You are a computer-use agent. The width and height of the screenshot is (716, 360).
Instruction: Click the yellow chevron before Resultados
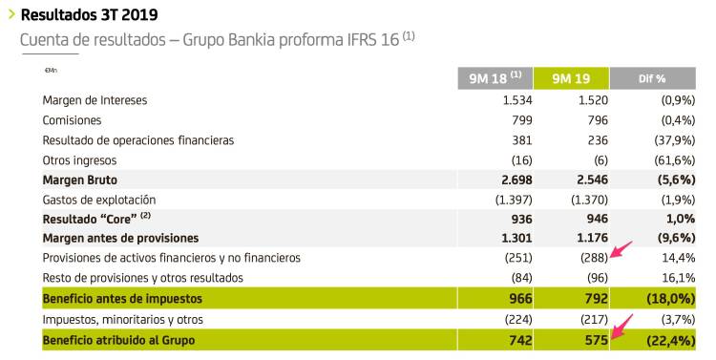click(11, 14)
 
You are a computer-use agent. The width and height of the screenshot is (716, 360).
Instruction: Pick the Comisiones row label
click(72, 120)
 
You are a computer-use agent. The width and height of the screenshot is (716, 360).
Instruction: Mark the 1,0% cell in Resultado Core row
click(679, 219)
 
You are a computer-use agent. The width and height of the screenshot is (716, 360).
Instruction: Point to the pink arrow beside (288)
click(621, 252)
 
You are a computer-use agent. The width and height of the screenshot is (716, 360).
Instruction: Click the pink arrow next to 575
click(622, 328)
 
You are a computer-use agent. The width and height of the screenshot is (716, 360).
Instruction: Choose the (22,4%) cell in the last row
click(668, 339)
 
